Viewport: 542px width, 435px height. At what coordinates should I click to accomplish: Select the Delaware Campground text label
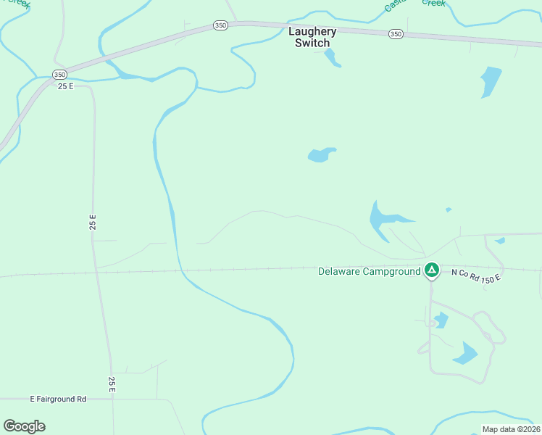[370, 272]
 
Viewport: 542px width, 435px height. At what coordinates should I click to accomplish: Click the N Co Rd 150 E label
[476, 275]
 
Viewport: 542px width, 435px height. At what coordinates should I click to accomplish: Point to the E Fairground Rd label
[58, 399]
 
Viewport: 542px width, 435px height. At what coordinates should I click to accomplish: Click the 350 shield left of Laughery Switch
[220, 25]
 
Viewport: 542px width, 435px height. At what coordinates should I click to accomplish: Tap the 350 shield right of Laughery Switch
[396, 34]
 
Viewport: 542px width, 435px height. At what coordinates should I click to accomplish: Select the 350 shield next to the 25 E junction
[59, 75]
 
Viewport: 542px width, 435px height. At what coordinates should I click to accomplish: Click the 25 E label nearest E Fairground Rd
[112, 385]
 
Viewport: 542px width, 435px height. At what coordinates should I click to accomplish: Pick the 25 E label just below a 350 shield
[67, 86]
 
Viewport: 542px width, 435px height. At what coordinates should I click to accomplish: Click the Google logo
[24, 426]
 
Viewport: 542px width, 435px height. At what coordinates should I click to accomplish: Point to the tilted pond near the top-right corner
[491, 80]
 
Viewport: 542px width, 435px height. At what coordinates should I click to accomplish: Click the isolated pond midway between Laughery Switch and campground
[321, 154]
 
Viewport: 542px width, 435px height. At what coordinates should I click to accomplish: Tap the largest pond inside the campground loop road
[465, 354]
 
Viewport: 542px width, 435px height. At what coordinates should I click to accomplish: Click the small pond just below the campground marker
[441, 320]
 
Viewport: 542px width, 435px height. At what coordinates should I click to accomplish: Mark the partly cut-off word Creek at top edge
[433, 3]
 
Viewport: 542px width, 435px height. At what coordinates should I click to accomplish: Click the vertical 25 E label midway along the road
[93, 222]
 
